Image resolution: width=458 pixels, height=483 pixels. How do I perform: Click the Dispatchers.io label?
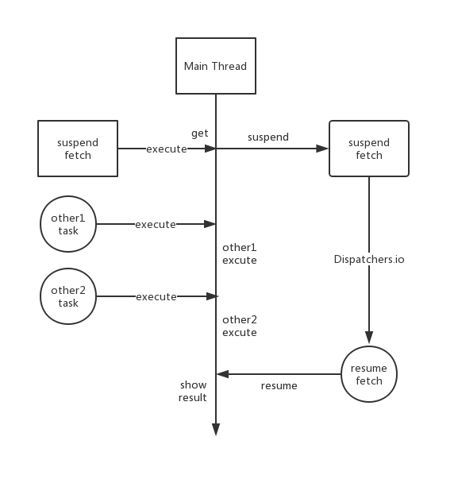(369, 259)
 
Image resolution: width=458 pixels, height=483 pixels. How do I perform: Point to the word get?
(200, 133)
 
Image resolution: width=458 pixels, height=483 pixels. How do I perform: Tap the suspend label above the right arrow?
(268, 137)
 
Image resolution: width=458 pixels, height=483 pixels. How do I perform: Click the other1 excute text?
(240, 254)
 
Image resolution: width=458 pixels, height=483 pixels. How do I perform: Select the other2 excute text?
(240, 327)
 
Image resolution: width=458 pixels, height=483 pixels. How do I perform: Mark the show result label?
(193, 391)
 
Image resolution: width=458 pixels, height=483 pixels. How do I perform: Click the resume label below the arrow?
(279, 385)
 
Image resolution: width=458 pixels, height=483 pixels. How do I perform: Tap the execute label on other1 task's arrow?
(156, 225)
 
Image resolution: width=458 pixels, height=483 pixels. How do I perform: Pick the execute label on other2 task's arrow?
(156, 297)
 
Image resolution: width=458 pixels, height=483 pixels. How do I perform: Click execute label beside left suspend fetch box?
(167, 149)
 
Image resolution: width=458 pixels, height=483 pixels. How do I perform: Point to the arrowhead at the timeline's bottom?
(216, 430)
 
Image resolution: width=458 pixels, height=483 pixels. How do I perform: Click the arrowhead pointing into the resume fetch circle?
(369, 338)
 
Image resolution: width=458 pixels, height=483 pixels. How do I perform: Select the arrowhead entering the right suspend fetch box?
(322, 149)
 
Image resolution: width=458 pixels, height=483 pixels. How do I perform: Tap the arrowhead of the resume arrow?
(222, 374)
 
